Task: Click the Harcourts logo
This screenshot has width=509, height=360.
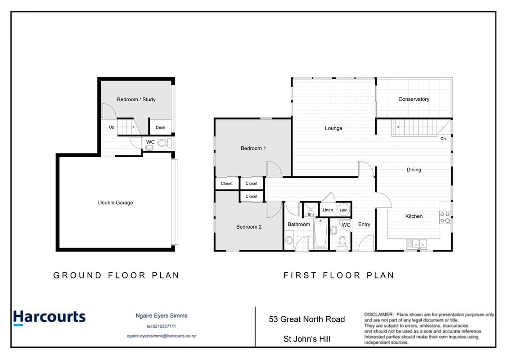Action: pyautogui.click(x=50, y=317)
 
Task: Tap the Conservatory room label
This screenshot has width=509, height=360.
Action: pyautogui.click(x=414, y=99)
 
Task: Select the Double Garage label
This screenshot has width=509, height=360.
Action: pyautogui.click(x=116, y=202)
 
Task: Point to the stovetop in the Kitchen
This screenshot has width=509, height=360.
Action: pyautogui.click(x=445, y=217)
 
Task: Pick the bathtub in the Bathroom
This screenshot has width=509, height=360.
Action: pyautogui.click(x=321, y=234)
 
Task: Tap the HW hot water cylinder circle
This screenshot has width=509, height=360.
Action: pyautogui.click(x=343, y=210)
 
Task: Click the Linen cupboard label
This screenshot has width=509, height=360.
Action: pyautogui.click(x=328, y=210)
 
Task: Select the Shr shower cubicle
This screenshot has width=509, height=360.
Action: pyautogui.click(x=311, y=210)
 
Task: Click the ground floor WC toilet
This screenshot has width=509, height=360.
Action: pyautogui.click(x=164, y=143)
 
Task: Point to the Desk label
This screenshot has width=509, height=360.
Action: pyautogui.click(x=160, y=127)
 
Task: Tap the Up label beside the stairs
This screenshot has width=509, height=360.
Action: pyautogui.click(x=112, y=127)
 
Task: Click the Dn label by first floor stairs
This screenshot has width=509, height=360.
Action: pyautogui.click(x=443, y=139)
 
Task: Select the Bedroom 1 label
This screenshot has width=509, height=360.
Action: pyautogui.click(x=253, y=148)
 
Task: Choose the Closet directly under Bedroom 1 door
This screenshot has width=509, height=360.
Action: pyautogui.click(x=251, y=184)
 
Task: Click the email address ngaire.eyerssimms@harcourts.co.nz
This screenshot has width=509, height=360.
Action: pyautogui.click(x=161, y=336)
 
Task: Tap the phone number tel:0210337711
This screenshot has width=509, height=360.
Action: pyautogui.click(x=161, y=326)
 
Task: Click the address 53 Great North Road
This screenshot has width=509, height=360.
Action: pyautogui.click(x=307, y=319)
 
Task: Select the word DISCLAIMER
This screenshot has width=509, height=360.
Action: pyautogui.click(x=379, y=314)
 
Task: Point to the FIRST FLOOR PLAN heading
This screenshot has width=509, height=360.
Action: pyautogui.click(x=338, y=275)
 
